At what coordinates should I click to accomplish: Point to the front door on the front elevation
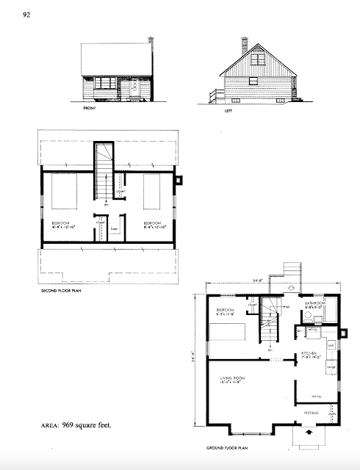(x=134, y=90)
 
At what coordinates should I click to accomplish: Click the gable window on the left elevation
(x=259, y=60)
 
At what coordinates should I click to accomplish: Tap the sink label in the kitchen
(x=331, y=344)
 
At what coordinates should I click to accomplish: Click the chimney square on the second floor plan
(x=181, y=178)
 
